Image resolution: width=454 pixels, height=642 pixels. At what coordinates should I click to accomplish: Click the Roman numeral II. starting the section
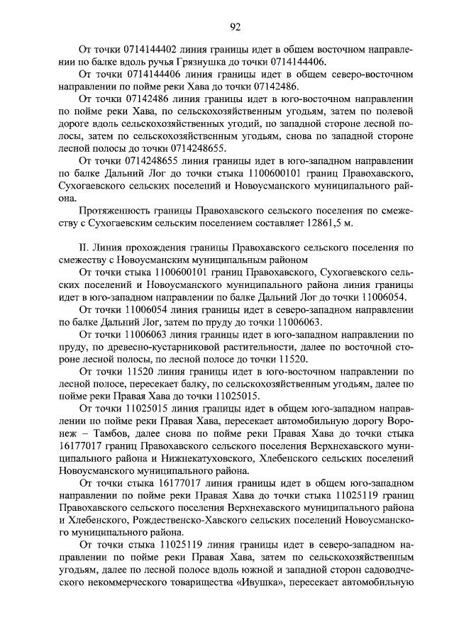[83, 248]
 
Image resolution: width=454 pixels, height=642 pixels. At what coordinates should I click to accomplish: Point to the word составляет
[290, 223]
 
